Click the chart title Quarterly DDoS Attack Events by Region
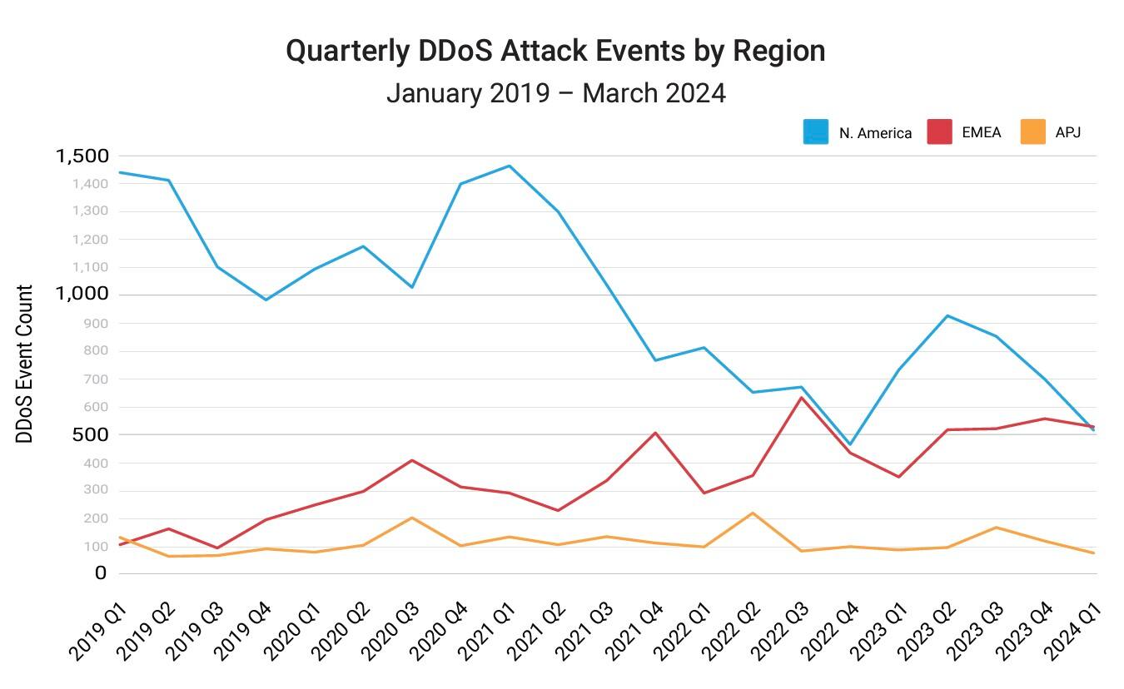(x=555, y=51)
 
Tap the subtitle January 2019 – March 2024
(x=555, y=92)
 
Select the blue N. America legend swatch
(x=815, y=131)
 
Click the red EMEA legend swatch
(x=939, y=131)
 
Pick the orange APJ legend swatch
(x=1032, y=131)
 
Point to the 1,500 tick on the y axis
(x=82, y=156)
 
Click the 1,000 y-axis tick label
(x=82, y=294)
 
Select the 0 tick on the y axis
(x=101, y=573)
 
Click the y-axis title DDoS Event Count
(x=25, y=364)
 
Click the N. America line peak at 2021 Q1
(x=509, y=166)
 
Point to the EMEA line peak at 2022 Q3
(x=801, y=397)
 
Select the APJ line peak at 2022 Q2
(x=753, y=513)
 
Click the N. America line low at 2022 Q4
(x=850, y=444)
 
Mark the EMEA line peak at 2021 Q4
(x=655, y=433)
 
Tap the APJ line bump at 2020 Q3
(x=411, y=518)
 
